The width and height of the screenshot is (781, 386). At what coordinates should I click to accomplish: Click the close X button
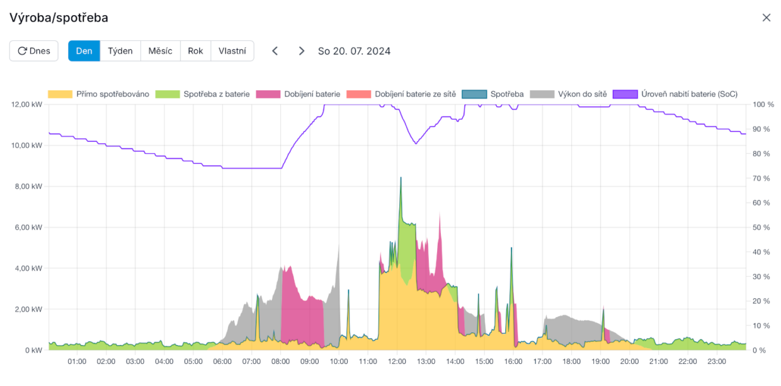click(x=766, y=18)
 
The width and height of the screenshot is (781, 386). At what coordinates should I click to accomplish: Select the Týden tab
click(x=120, y=51)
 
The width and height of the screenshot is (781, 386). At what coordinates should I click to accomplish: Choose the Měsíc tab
click(x=160, y=51)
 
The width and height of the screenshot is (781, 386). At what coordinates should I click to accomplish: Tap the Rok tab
click(x=195, y=51)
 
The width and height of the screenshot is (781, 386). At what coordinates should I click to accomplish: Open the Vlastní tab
click(x=232, y=51)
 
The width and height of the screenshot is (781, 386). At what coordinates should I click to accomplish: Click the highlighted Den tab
click(x=84, y=51)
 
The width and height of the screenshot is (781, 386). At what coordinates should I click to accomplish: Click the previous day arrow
click(x=275, y=51)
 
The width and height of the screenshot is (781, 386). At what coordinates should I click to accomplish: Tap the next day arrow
click(x=302, y=51)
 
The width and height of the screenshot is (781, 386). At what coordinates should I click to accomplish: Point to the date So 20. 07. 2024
click(x=354, y=51)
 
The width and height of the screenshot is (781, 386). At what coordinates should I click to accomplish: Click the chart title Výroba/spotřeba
click(x=59, y=18)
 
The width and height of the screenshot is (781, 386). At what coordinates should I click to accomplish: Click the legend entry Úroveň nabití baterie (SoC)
click(x=689, y=94)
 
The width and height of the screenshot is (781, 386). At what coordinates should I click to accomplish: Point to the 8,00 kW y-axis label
click(x=28, y=186)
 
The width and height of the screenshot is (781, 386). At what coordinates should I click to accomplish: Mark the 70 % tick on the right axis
click(x=761, y=178)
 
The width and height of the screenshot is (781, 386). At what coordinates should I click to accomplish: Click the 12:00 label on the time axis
click(x=396, y=362)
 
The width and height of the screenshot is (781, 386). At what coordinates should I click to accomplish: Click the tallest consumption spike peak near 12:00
click(x=401, y=178)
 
